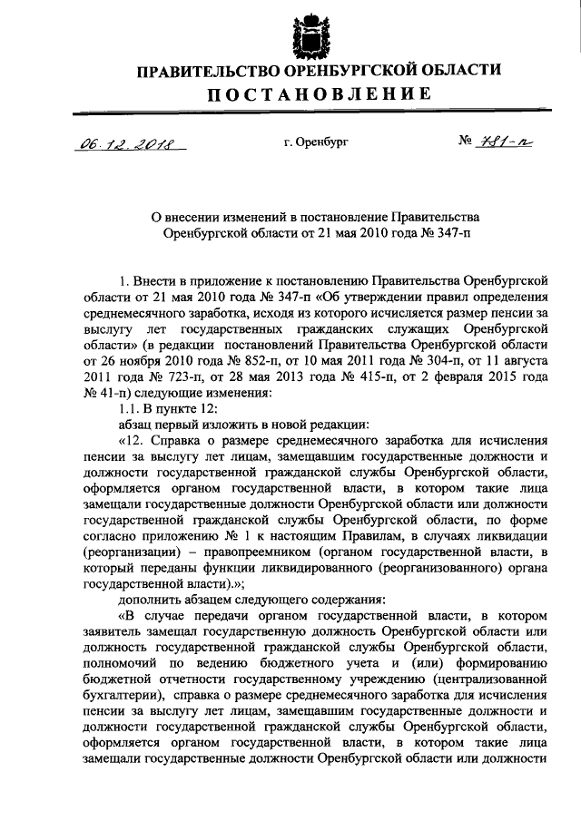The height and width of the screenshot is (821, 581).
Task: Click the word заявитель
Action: [115, 632]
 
